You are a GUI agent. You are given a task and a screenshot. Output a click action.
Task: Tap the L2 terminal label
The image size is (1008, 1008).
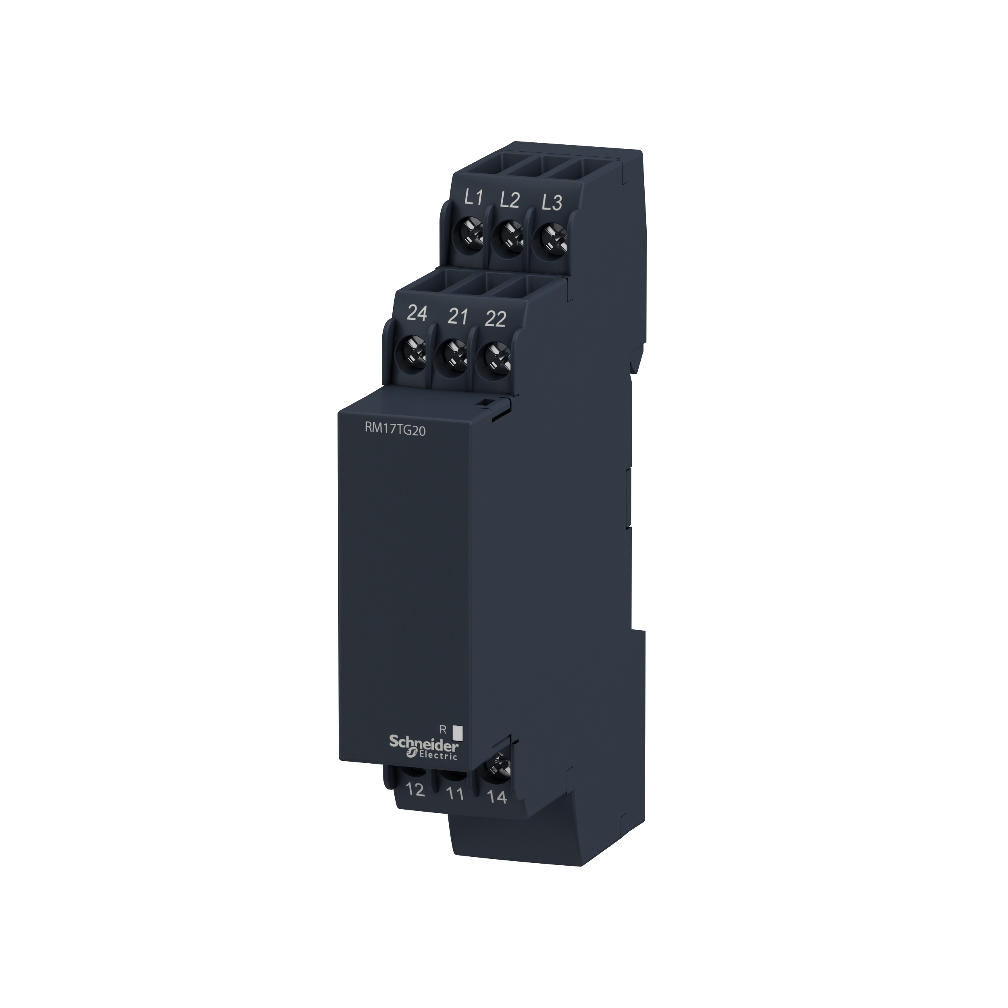pyautogui.click(x=510, y=200)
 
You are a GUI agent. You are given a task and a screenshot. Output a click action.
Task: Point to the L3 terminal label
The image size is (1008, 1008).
pyautogui.click(x=552, y=202)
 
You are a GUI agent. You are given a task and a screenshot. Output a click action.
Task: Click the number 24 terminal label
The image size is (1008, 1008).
pyautogui.click(x=417, y=314)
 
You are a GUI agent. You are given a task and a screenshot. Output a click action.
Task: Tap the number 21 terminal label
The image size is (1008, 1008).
pyautogui.click(x=457, y=316)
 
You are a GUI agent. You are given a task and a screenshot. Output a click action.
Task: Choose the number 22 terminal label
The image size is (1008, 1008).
pyautogui.click(x=495, y=318)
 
